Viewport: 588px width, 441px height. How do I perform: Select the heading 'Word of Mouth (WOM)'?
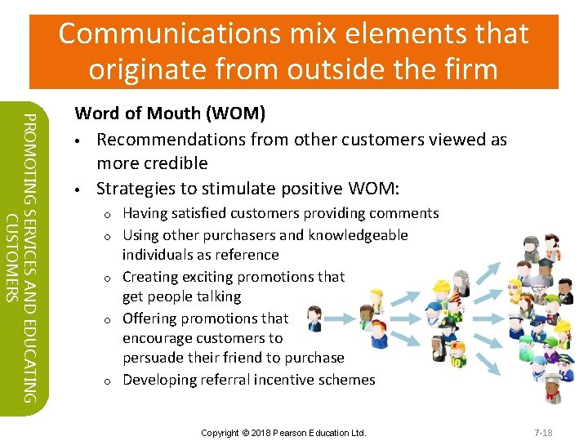pos(170,113)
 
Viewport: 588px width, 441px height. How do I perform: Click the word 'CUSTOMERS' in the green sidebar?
pos(11,256)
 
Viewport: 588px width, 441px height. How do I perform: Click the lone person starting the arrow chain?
pos(314,319)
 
